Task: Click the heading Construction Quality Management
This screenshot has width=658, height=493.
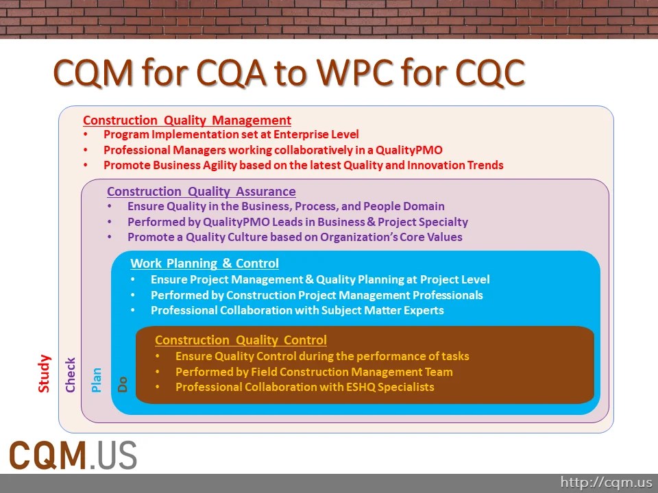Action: tap(187, 121)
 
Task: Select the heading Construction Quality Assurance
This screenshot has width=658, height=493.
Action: tap(202, 192)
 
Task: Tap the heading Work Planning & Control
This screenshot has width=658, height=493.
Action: tap(204, 264)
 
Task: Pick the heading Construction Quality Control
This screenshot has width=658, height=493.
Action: tap(241, 340)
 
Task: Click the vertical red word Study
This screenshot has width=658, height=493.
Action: tap(45, 373)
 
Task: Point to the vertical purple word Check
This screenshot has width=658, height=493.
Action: tap(70, 375)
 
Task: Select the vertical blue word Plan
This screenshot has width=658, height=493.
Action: tap(97, 380)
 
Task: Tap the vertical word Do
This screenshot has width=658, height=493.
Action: tap(123, 385)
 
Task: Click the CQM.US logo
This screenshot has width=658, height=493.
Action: tap(73, 455)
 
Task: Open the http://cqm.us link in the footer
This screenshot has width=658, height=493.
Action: tap(606, 483)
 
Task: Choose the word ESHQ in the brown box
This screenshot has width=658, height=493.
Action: tap(351, 387)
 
